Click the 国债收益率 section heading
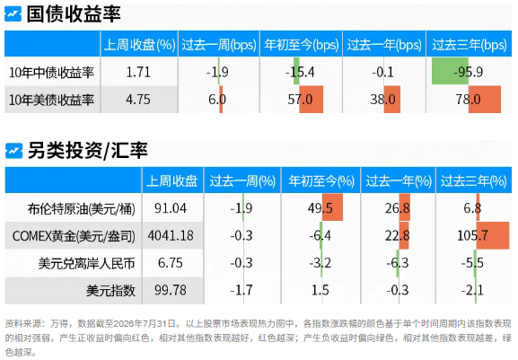pyautogui.click(x=74, y=14)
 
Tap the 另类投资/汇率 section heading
pyautogui.click(x=88, y=151)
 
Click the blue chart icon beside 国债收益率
pyautogui.click(x=13, y=13)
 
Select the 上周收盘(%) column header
pyautogui.click(x=139, y=45)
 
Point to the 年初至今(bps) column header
pyautogui.click(x=302, y=45)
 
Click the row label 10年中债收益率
pyautogui.click(x=51, y=73)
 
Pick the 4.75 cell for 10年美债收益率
pyautogui.click(x=138, y=100)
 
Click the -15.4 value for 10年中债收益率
pyautogui.click(x=300, y=72)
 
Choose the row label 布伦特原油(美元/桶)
pyautogui.click(x=82, y=209)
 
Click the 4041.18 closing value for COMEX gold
pyautogui.click(x=171, y=235)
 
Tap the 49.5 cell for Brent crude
pyautogui.click(x=320, y=208)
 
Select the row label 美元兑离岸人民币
pyautogui.click(x=86, y=264)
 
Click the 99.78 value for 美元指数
pyautogui.click(x=171, y=290)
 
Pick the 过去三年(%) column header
pyautogui.click(x=473, y=181)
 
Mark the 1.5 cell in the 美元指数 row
pyautogui.click(x=320, y=290)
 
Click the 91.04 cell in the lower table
pyautogui.click(x=171, y=208)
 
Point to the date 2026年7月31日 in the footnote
pyautogui.click(x=145, y=324)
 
